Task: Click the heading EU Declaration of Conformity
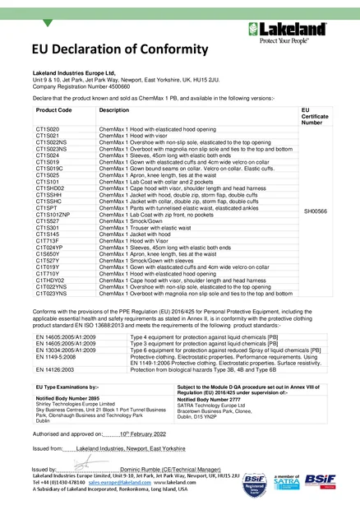[105, 52]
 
